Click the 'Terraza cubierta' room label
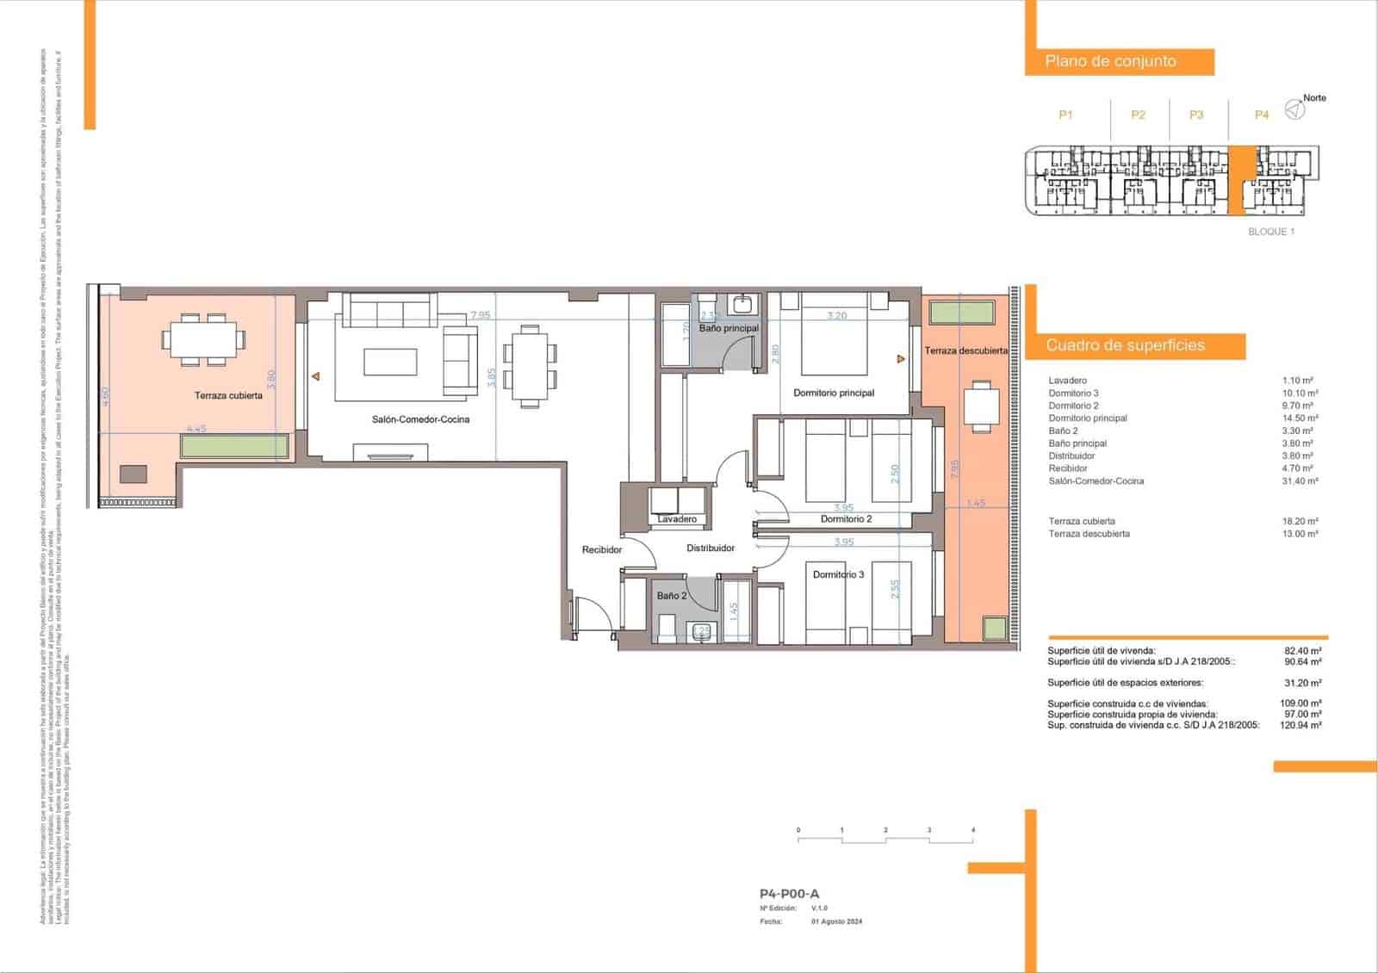228,396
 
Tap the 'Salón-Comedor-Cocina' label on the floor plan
420,420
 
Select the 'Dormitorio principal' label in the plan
834,394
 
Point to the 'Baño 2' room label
672,596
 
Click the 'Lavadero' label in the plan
677,519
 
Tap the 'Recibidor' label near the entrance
601,549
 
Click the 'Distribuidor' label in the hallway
711,548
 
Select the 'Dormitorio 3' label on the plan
838,575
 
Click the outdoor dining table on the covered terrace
203,339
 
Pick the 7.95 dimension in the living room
480,315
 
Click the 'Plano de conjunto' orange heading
1110,61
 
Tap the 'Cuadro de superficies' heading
1125,345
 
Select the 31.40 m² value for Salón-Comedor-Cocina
1299,481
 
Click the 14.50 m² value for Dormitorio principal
1299,418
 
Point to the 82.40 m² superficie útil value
1302,652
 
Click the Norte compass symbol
1294,110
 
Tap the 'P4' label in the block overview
1262,115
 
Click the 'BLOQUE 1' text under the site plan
1271,232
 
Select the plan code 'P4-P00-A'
789,894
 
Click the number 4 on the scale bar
973,830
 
